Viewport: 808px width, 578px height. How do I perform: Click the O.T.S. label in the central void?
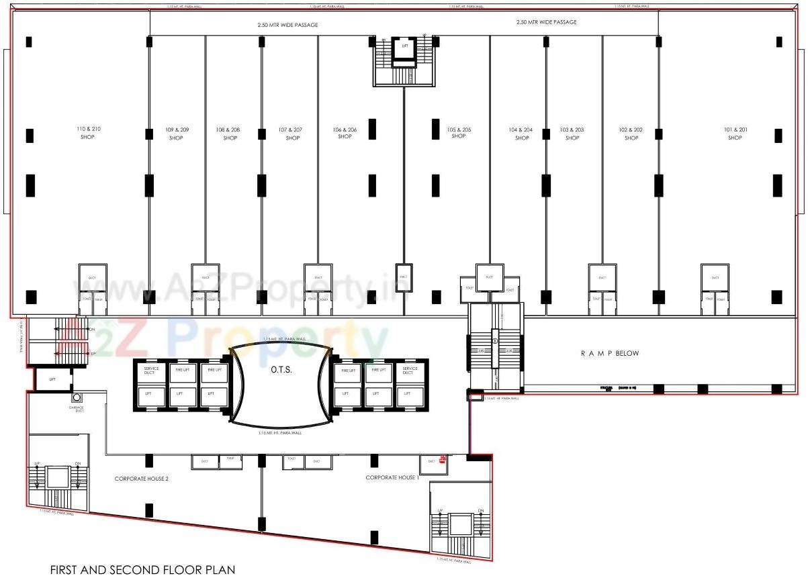pos(280,369)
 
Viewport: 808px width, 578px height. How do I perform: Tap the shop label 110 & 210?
pos(87,132)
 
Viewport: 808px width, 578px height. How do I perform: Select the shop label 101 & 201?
pos(735,133)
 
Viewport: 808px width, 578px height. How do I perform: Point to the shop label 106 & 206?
pos(345,132)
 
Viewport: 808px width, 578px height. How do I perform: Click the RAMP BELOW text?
pos(610,353)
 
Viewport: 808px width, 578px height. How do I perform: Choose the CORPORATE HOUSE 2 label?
pos(141,479)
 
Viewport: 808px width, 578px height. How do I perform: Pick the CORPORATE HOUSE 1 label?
pos(392,477)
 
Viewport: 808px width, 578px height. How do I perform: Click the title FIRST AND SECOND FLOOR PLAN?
pos(142,570)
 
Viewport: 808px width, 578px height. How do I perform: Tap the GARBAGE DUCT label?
pos(76,409)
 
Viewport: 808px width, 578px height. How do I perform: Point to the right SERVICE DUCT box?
pos(410,371)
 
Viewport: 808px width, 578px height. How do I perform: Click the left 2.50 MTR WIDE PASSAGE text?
pos(287,25)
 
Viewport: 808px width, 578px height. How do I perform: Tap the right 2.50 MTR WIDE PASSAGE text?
pos(546,22)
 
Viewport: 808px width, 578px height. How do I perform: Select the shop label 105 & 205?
pos(459,132)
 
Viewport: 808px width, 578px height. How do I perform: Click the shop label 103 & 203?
pos(572,134)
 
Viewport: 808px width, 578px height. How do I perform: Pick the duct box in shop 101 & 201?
pos(715,277)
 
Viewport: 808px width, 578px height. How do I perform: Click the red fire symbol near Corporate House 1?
pos(443,460)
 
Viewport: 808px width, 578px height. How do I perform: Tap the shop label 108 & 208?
pos(230,134)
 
